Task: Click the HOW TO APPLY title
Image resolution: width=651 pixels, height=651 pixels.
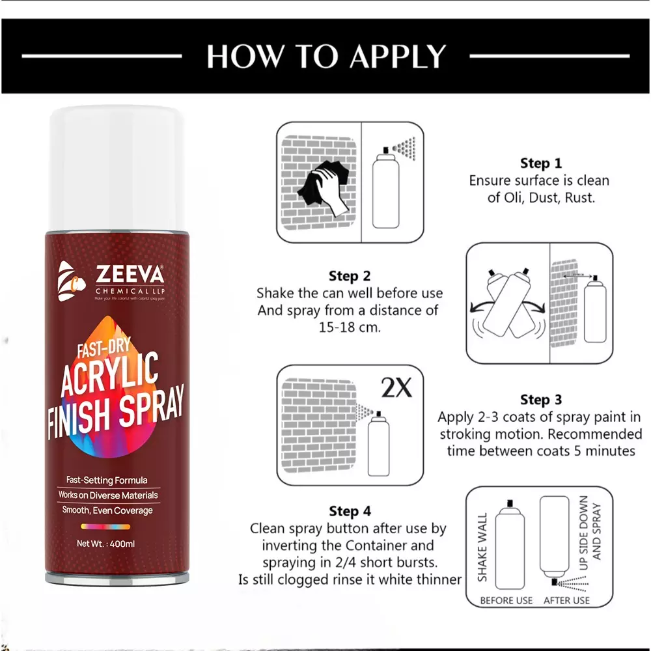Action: pos(325,57)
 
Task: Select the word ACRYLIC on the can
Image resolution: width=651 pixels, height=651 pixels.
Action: pos(110,376)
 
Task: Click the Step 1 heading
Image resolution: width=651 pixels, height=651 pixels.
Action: pos(540,163)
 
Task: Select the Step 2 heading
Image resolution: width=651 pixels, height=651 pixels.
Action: pos(350,276)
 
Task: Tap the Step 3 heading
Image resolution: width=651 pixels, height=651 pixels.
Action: pos(540,400)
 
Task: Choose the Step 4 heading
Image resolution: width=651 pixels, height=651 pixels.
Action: pos(350,511)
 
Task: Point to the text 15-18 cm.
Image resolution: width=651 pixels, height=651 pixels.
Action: pos(351,327)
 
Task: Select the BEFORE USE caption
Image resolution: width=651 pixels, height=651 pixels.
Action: pos(506,600)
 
